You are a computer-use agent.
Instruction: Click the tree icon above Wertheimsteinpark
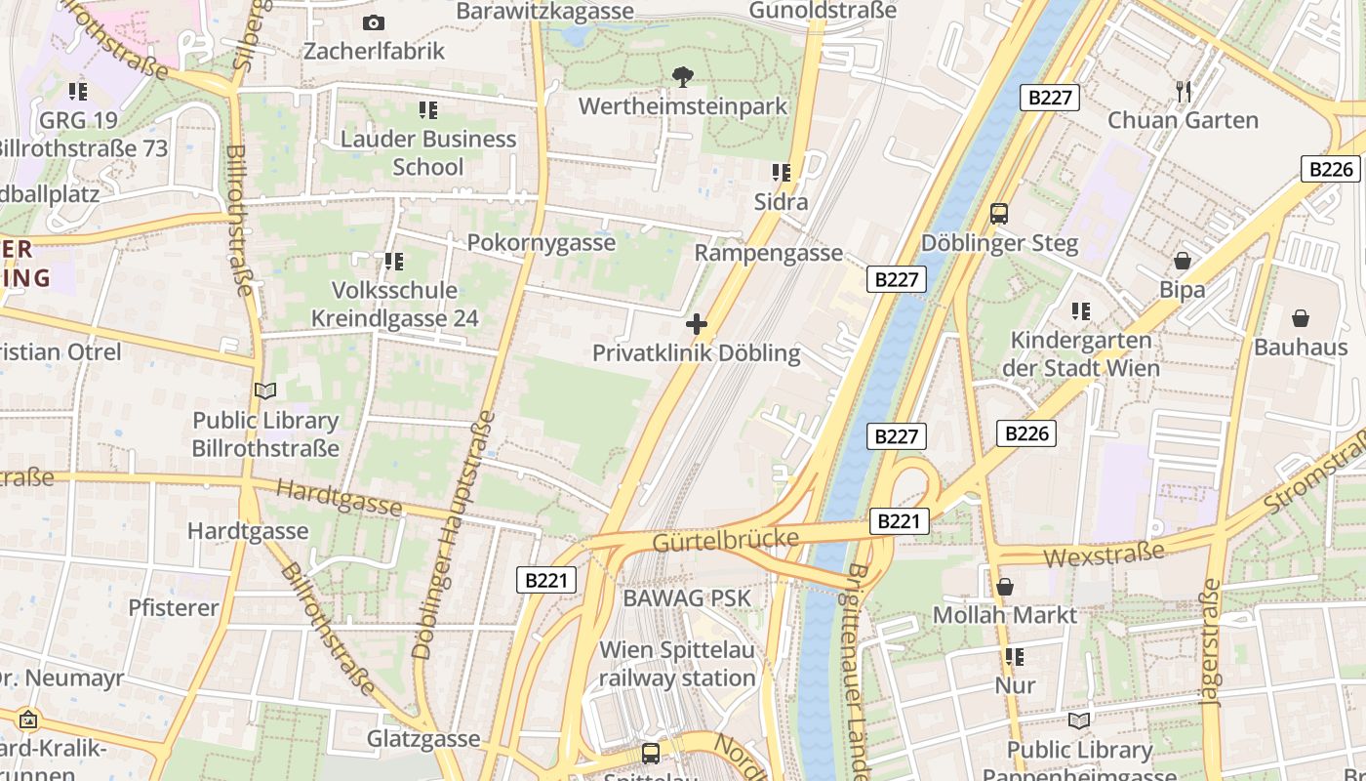pyautogui.click(x=682, y=76)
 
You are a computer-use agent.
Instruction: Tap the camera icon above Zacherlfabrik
pyautogui.click(x=373, y=22)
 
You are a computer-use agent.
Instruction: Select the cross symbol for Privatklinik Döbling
pyautogui.click(x=697, y=324)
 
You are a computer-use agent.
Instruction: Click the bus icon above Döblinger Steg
pyautogui.click(x=999, y=214)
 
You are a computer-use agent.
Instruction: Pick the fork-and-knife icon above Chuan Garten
pyautogui.click(x=1184, y=92)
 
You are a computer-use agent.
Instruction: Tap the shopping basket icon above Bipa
pyautogui.click(x=1183, y=261)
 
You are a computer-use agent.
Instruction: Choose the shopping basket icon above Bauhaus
pyautogui.click(x=1301, y=318)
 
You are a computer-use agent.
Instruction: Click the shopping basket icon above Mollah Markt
pyautogui.click(x=1005, y=587)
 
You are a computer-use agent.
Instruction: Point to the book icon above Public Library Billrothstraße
pyautogui.click(x=264, y=390)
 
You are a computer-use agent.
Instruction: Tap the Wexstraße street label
pyautogui.click(x=1105, y=554)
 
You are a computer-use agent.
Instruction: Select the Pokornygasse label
pyautogui.click(x=542, y=242)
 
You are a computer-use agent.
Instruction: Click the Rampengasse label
pyautogui.click(x=768, y=253)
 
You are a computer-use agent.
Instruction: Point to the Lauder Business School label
pyautogui.click(x=428, y=152)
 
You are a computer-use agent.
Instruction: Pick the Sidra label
pyautogui.click(x=781, y=202)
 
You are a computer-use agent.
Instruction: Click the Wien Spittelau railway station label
pyautogui.click(x=677, y=663)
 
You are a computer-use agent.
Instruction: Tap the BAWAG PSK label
pyautogui.click(x=687, y=597)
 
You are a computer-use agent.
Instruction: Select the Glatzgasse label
pyautogui.click(x=423, y=739)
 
